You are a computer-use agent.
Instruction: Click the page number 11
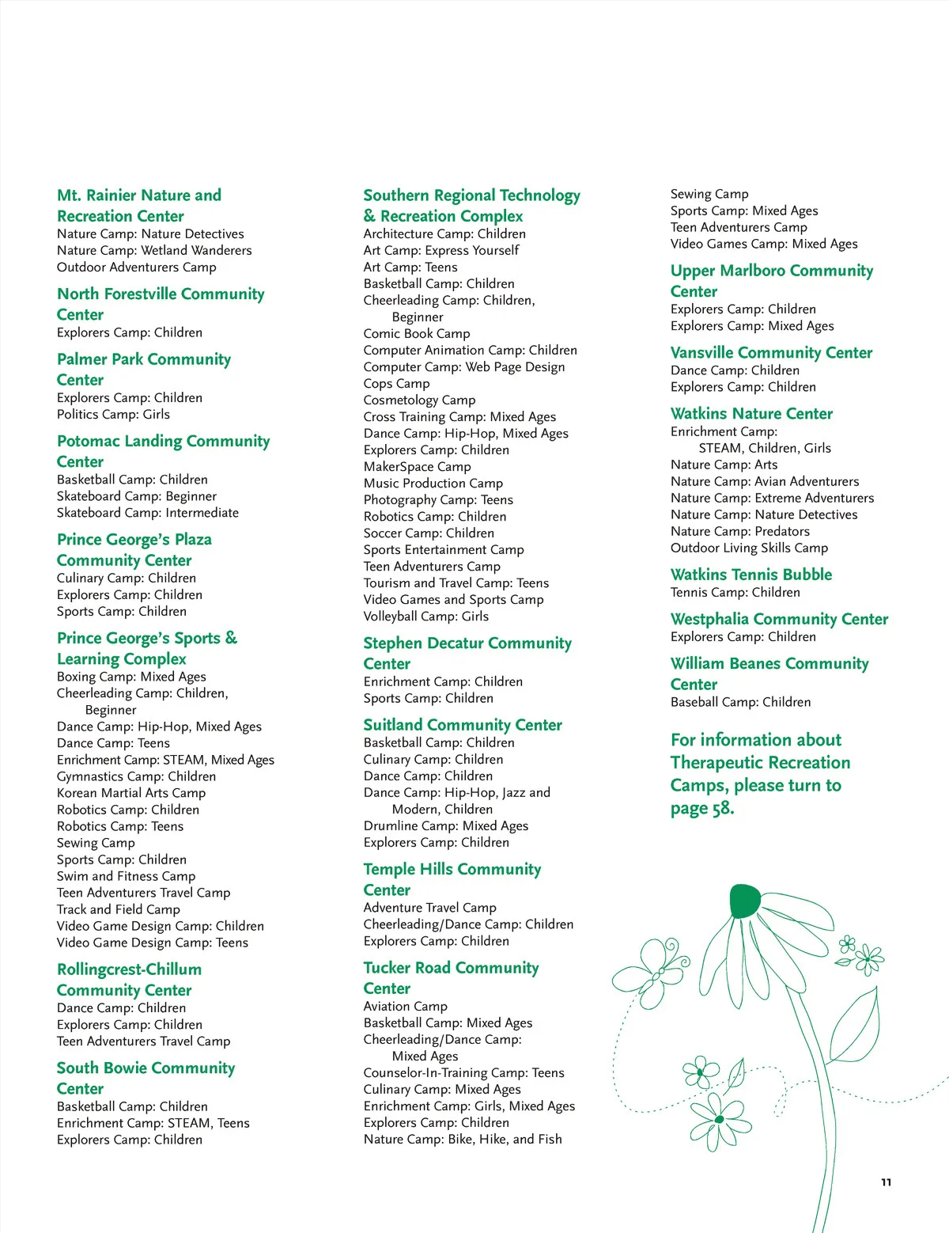[x=886, y=1182]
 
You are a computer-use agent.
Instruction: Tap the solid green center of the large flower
[x=745, y=901]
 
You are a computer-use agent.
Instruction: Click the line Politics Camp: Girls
[x=113, y=415]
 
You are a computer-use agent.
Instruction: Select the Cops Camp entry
[x=396, y=384]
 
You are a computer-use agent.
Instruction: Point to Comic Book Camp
[x=416, y=334]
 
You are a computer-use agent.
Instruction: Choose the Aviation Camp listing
[x=405, y=1007]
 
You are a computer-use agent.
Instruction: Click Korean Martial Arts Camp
[x=131, y=793]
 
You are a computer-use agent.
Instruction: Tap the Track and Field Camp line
[x=119, y=909]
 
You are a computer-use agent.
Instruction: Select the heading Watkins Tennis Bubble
[x=751, y=575]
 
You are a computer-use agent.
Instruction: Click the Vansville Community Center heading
[x=771, y=353]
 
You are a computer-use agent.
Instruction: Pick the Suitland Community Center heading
[x=463, y=725]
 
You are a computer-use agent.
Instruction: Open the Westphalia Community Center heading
[x=779, y=619]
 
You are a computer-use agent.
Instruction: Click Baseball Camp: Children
[x=740, y=702]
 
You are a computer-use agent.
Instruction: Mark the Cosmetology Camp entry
[x=419, y=400]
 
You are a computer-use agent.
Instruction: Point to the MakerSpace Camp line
[x=417, y=467]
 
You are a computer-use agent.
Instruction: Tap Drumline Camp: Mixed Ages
[x=445, y=826]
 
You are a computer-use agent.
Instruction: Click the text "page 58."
[x=702, y=808]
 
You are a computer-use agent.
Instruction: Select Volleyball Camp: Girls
[x=425, y=616]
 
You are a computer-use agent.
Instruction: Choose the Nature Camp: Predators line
[x=739, y=532]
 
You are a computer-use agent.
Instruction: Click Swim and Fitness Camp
[x=126, y=876]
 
